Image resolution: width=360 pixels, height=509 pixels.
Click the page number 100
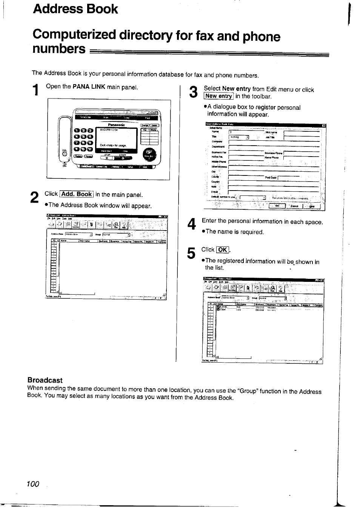33,484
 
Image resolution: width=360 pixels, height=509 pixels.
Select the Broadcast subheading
45,380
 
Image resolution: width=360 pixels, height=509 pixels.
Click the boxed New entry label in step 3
218,96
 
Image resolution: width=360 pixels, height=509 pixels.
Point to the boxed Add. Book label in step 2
77,194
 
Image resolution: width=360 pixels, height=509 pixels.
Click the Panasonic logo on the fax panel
116,125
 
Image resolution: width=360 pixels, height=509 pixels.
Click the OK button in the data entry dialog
277,206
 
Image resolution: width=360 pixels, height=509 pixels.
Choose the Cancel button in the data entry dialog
294,206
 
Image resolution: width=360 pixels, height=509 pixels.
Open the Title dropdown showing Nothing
239,137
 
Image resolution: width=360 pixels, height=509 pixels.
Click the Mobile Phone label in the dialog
219,161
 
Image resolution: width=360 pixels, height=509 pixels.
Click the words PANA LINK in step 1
89,86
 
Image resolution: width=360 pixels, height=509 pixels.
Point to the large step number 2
34,198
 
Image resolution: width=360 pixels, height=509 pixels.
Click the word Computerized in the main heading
74,35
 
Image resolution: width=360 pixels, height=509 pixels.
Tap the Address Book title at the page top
75,9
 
